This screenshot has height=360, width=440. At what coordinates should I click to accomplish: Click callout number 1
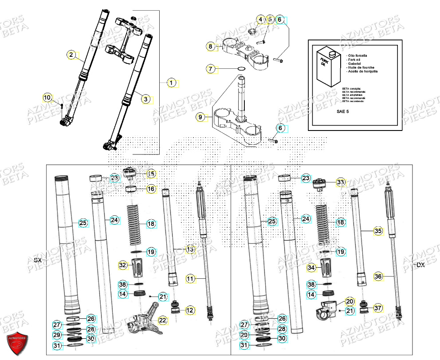(x=172, y=83)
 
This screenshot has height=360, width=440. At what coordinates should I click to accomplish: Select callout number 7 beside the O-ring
(x=211, y=69)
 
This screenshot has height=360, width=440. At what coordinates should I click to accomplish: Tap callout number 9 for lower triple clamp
(x=201, y=117)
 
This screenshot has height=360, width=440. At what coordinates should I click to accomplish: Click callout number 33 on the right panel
(x=340, y=182)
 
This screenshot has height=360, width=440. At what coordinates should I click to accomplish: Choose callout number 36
(x=378, y=276)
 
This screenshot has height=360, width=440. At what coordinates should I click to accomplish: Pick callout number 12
(x=190, y=310)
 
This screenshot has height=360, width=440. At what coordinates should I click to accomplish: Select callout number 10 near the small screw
(x=47, y=97)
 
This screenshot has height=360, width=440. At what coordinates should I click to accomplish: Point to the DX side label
(x=420, y=265)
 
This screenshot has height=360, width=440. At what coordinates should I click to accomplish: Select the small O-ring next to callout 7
(x=241, y=69)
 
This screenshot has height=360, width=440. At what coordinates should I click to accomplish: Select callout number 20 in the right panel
(x=349, y=301)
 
